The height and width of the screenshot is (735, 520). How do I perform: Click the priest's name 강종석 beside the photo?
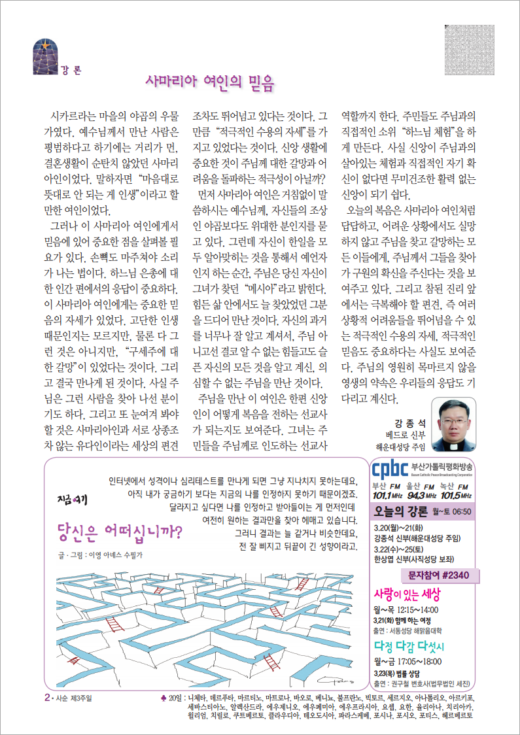tap(409, 423)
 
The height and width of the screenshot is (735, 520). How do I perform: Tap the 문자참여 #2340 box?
tap(439, 575)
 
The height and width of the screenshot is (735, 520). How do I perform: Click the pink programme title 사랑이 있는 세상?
tap(407, 595)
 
